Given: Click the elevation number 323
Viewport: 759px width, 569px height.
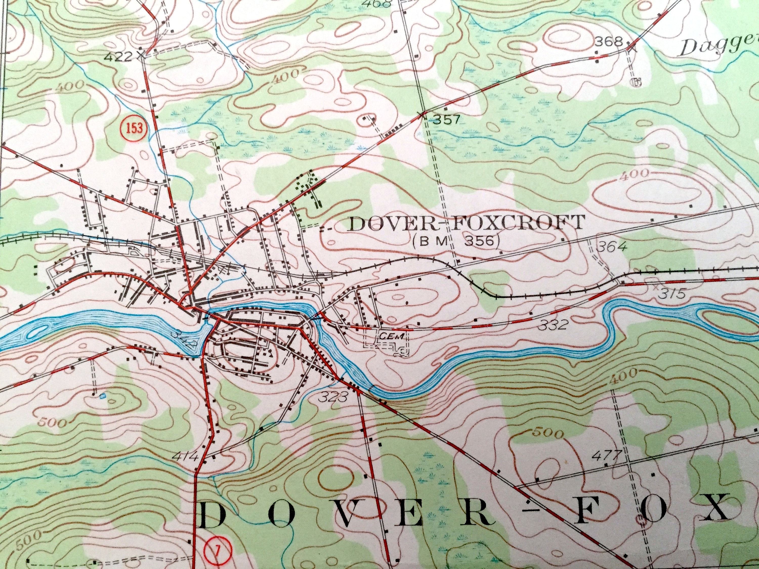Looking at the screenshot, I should tap(332, 398).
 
